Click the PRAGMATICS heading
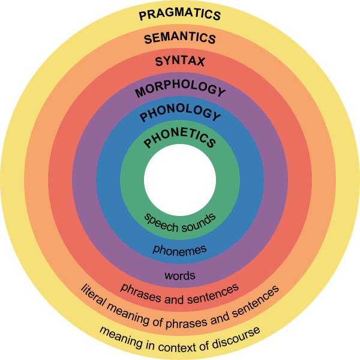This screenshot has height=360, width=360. [180, 15]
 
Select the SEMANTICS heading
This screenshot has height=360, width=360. [180, 38]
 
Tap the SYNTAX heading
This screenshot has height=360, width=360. [180, 61]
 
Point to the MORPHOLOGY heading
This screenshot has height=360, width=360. [180, 89]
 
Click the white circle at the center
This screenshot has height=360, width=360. [180, 180]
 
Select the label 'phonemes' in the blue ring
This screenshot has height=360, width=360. [180, 248]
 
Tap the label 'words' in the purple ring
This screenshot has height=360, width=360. [180, 276]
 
